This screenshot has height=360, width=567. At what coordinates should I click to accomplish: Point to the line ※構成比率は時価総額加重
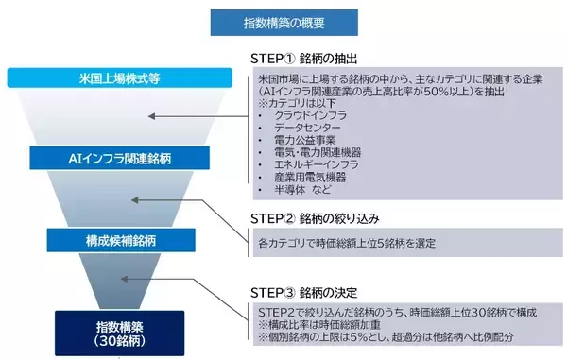[318, 325]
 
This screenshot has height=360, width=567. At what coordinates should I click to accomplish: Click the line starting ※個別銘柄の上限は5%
[397, 338]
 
